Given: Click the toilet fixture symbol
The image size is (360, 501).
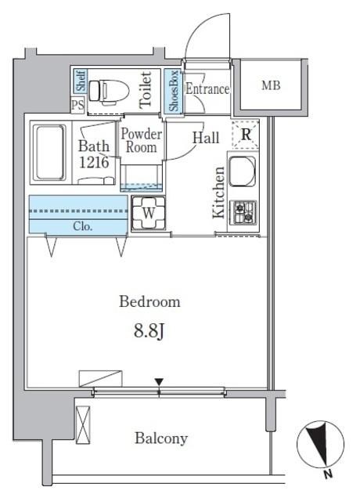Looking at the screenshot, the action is [x=109, y=92].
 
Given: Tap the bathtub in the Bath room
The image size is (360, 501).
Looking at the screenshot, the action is [x=49, y=153].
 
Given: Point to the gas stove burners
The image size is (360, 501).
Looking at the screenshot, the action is [x=243, y=212].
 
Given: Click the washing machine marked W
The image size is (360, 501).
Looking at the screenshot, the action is [x=149, y=213].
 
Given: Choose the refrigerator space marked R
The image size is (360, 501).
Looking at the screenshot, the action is [x=245, y=134].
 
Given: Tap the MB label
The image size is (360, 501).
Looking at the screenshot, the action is [x=271, y=85].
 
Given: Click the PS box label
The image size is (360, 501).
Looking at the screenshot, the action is [x=77, y=105].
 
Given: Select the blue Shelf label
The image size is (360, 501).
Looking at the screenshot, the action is [x=81, y=81].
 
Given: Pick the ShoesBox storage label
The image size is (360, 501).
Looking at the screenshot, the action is [x=174, y=91].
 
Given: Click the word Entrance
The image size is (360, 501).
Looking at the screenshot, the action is [x=207, y=88].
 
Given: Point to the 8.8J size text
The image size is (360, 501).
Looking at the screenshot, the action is [x=149, y=331].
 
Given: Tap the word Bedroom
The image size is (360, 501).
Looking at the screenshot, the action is [x=149, y=301].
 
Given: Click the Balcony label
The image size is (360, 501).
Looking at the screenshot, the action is [x=161, y=438].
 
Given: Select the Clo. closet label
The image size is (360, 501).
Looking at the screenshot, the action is [x=83, y=226].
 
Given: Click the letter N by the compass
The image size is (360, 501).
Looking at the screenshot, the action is [x=328, y=474].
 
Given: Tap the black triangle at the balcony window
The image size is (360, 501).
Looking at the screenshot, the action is [x=159, y=382].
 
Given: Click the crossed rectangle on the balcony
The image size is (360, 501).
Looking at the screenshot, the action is [x=83, y=425].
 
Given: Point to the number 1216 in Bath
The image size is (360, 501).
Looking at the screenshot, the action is [x=94, y=162].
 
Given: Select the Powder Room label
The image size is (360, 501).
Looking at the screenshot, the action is [x=141, y=141].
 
